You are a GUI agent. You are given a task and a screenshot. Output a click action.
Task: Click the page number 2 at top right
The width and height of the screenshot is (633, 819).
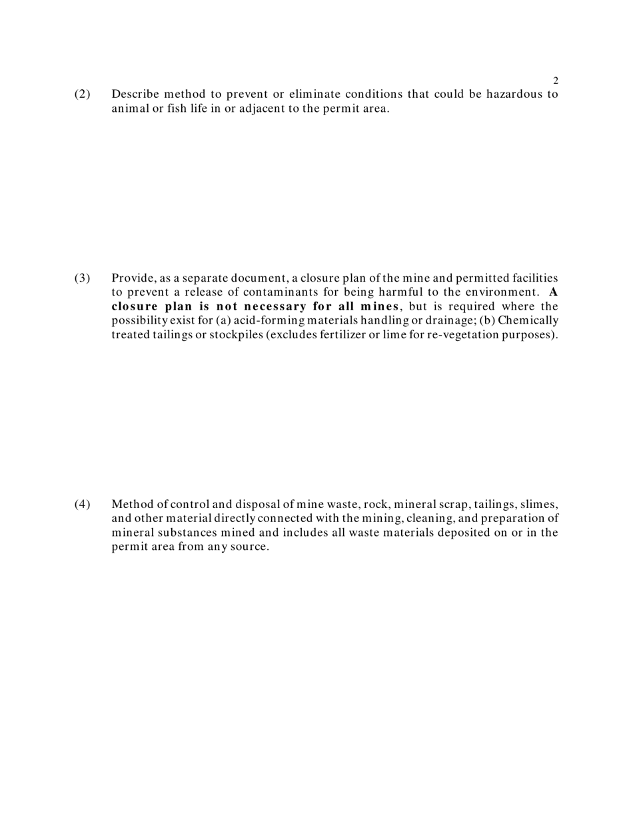click(556, 81)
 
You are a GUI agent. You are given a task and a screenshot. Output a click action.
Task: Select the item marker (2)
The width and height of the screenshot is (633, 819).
click(82, 94)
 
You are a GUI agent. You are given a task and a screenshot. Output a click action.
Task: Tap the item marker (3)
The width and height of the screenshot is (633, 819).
click(82, 278)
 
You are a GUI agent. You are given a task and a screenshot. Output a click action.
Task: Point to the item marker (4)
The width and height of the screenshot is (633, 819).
click(82, 504)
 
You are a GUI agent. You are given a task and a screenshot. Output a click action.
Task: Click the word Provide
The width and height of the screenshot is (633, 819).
click(133, 278)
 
